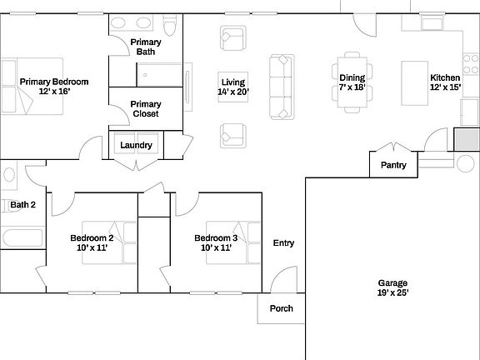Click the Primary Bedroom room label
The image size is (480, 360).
[x=54, y=86]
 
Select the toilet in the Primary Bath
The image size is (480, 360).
[x=170, y=29]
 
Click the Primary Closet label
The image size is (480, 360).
[x=146, y=108]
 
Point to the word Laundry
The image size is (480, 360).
[x=136, y=145]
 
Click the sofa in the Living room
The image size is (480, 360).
[x=282, y=86]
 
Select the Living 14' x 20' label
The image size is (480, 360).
[x=232, y=87]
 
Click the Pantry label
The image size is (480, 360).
[x=393, y=165]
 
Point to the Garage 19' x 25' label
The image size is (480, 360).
[x=392, y=287]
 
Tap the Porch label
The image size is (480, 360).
[x=281, y=308]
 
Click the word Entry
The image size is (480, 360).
[x=283, y=243]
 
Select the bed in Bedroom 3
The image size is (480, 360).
[x=247, y=242]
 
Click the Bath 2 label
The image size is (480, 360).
[x=22, y=204]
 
